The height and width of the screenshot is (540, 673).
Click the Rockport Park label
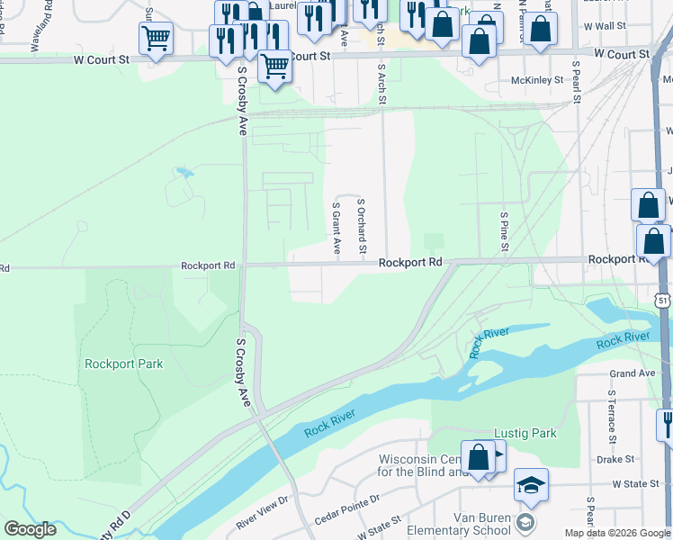click(124, 364)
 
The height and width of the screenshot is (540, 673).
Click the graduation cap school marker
click(531, 484)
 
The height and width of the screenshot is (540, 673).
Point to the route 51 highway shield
click(663, 300)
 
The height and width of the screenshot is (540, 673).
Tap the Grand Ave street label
click(633, 373)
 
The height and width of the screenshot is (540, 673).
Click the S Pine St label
click(505, 232)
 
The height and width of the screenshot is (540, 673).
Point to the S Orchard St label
click(363, 225)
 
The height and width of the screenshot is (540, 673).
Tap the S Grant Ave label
click(336, 229)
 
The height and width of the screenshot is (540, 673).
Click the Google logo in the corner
click(30, 528)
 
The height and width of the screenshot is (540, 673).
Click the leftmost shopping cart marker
click(156, 38)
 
